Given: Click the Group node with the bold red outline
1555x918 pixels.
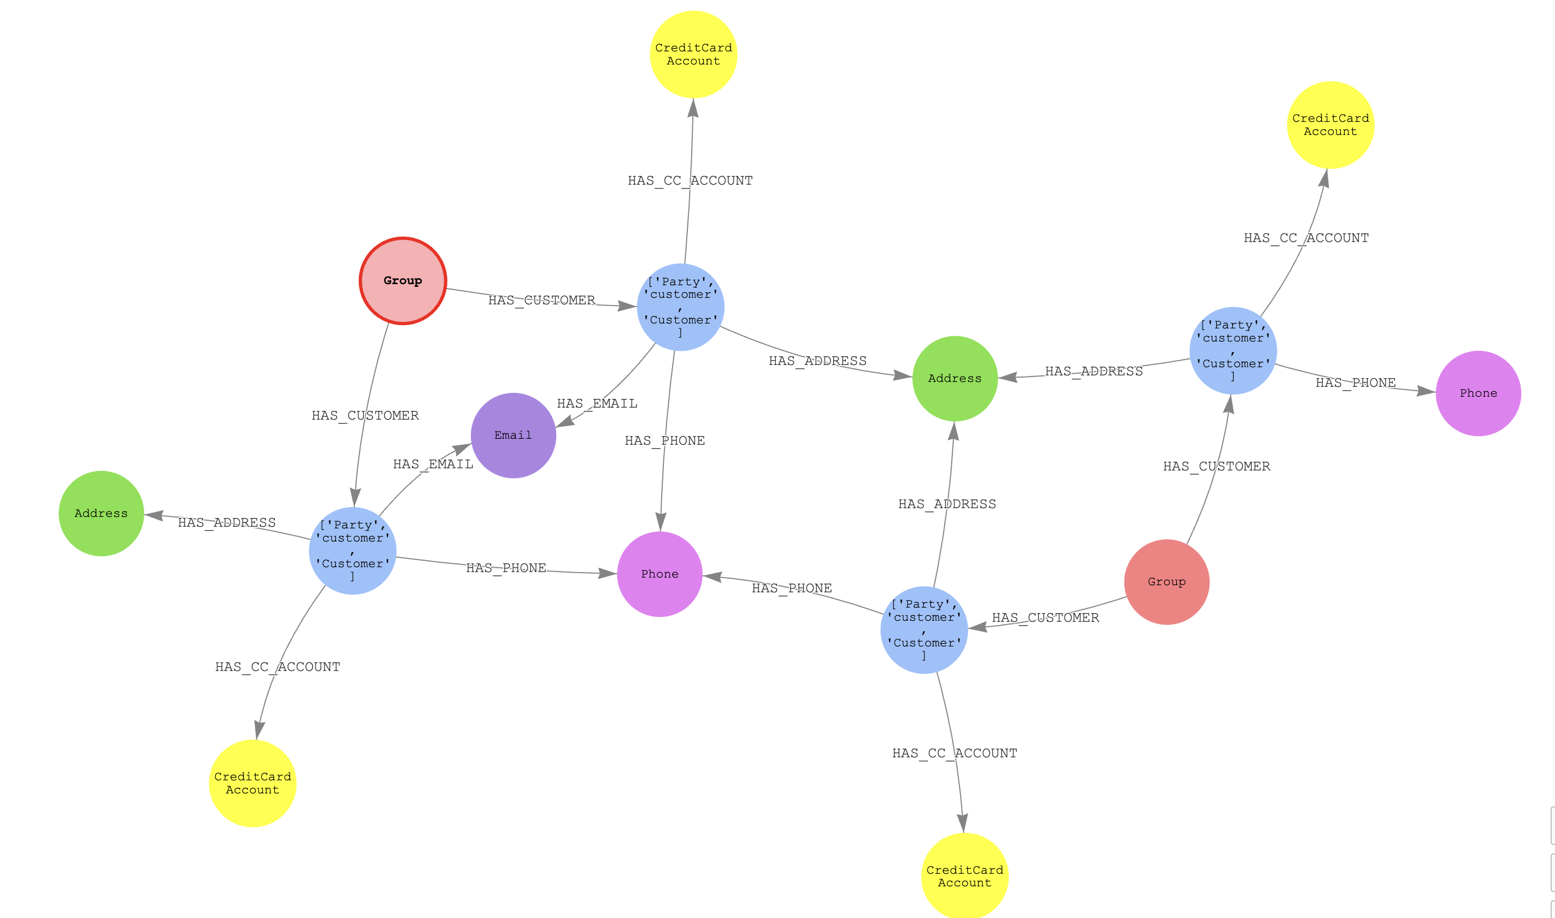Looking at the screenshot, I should (403, 281).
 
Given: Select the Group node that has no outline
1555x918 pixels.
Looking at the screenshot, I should (1167, 581).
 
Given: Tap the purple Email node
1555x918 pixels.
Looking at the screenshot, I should (514, 436).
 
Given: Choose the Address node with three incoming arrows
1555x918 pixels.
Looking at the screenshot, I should (955, 379).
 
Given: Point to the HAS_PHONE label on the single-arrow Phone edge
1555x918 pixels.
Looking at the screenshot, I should (1355, 383).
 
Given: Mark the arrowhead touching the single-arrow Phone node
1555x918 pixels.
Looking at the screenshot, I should (1426, 390).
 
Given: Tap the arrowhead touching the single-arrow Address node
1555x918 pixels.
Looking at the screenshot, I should (154, 515).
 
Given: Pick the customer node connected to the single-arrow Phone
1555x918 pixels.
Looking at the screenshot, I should (1233, 351).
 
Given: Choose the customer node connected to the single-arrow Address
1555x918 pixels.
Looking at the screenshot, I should (352, 551).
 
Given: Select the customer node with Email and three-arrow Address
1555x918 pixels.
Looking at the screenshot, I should (680, 308).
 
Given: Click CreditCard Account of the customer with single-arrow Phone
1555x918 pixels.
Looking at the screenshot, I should (1330, 125).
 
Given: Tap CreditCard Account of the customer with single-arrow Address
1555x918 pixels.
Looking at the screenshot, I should (252, 783).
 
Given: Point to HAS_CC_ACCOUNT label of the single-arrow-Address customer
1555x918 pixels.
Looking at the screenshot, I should (278, 667).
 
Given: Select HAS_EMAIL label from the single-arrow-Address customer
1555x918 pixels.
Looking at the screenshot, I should (433, 464).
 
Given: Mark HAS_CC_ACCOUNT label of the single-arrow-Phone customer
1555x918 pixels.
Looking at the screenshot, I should (1306, 238).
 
